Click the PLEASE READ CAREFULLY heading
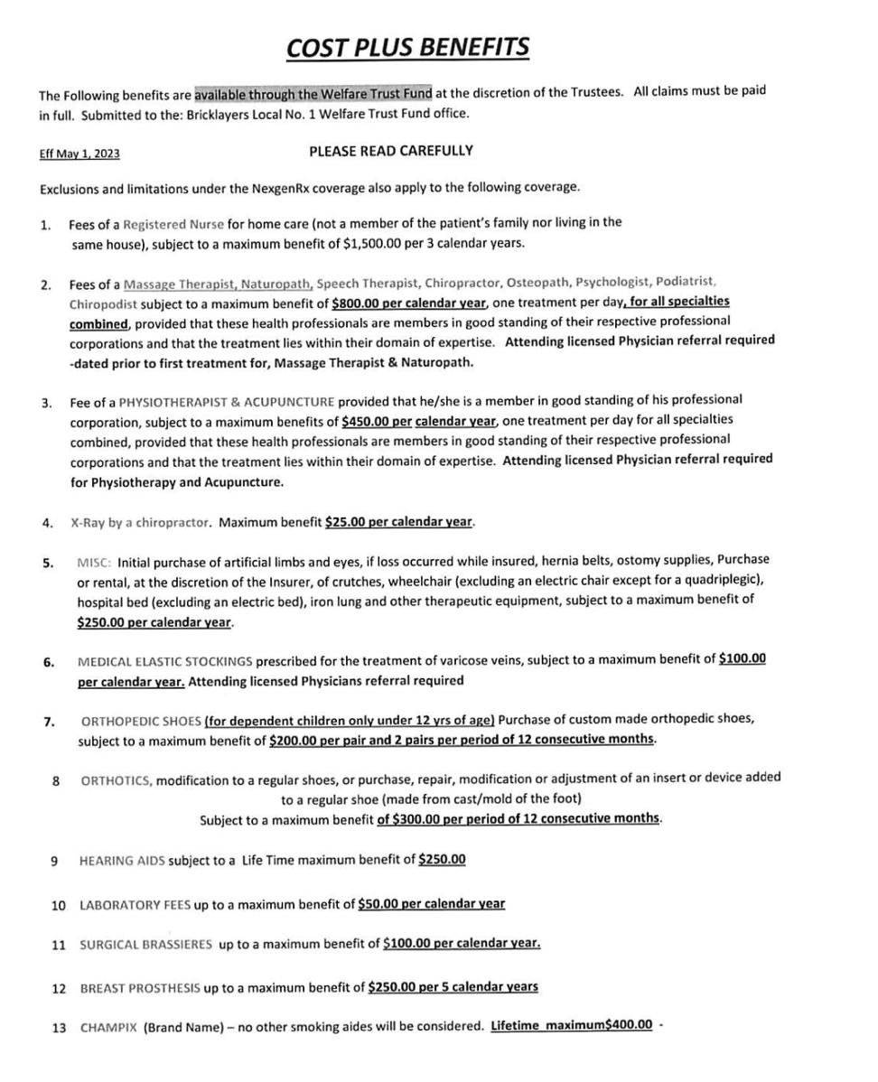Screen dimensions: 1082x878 point(390,151)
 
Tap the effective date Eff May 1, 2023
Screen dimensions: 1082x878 point(79,154)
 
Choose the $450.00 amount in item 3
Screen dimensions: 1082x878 point(361,420)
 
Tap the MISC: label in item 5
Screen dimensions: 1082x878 point(95,560)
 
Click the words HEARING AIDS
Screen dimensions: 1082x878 point(122,860)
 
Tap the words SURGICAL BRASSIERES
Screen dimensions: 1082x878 point(145,945)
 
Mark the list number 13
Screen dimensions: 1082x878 point(59,1028)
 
